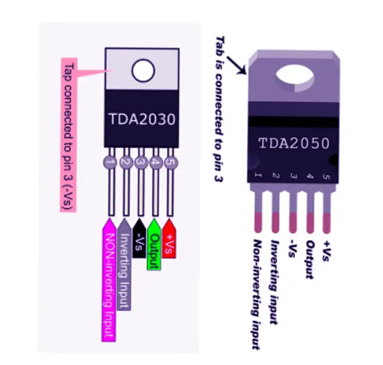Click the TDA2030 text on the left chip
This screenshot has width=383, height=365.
[142, 119]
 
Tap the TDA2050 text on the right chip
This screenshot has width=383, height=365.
[295, 143]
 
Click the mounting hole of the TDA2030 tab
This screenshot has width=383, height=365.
[143, 70]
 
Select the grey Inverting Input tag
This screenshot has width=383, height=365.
[124, 264]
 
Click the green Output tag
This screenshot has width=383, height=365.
[154, 244]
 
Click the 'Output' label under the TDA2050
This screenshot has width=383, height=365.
[309, 259]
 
